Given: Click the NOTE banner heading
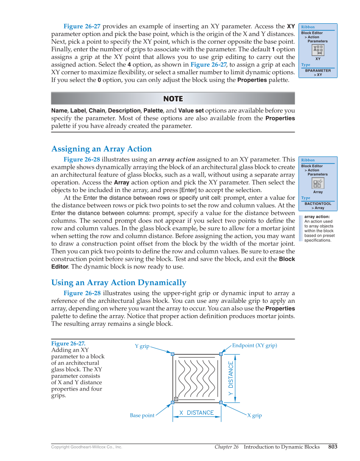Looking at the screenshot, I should tap(173, 99).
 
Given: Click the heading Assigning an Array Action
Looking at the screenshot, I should tap(101, 149).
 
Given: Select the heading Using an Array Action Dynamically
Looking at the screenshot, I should tap(118, 283).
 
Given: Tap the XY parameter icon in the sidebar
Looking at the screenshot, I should tap(318, 50).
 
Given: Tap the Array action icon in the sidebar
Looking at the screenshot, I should tap(318, 183).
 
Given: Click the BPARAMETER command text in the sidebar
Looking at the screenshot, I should tap(318, 70).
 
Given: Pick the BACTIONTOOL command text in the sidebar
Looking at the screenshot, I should tap(318, 204).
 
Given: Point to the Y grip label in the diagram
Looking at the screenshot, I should tap(142, 346).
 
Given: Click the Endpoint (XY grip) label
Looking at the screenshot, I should tap(254, 346).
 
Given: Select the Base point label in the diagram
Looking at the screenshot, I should tap(142, 416).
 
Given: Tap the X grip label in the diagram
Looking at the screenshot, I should tap(254, 416).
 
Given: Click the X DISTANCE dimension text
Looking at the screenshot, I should tap(196, 413).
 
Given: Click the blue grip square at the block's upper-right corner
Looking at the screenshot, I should tap(221, 354).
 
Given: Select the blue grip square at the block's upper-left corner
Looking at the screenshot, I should tap(173, 354).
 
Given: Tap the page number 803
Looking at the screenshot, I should tap(332, 447).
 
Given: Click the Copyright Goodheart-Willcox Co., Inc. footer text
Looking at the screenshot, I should tap(87, 447).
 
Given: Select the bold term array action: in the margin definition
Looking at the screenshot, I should tap(317, 217).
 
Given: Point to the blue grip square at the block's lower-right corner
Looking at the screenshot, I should tap(221, 402).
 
